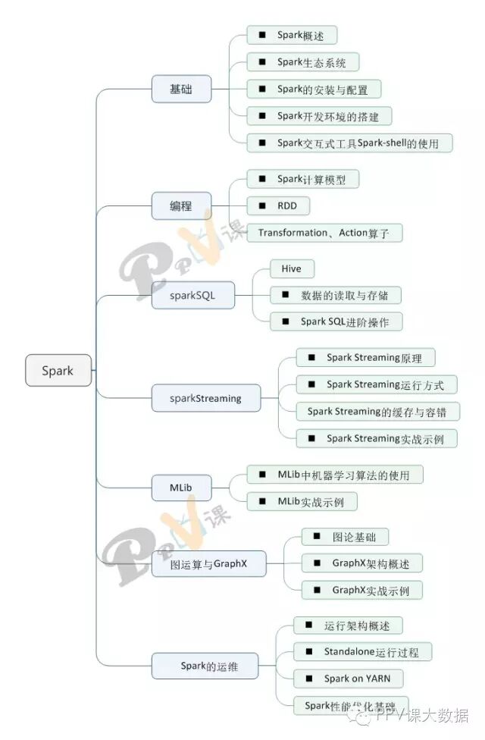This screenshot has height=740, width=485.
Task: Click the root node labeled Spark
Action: (58, 371)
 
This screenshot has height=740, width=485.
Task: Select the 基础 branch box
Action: (181, 89)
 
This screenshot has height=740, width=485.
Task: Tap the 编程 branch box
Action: (181, 205)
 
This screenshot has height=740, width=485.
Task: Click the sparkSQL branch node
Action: (193, 296)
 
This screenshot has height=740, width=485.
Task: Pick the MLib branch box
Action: (181, 487)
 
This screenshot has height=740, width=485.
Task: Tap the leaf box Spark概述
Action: (292, 36)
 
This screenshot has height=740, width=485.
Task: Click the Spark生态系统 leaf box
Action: (302, 62)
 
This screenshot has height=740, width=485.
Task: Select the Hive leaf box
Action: (292, 268)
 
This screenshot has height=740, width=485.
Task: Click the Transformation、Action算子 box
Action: (324, 233)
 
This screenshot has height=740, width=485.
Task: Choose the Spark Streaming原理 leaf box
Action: (365, 357)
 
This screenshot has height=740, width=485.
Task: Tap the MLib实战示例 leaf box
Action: (302, 501)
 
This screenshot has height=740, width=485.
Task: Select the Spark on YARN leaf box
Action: (348, 678)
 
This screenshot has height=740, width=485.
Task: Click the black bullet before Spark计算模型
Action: (262, 179)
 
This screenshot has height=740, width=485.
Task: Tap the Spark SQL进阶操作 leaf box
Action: (336, 321)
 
